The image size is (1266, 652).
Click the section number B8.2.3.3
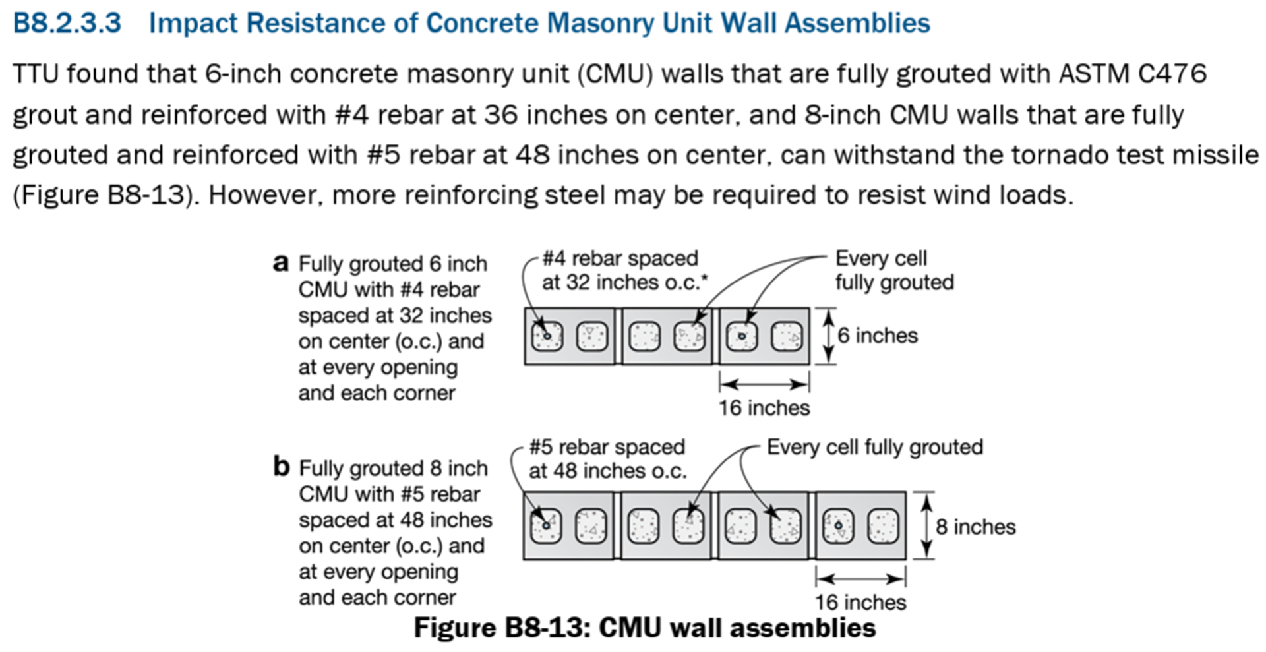tap(67, 23)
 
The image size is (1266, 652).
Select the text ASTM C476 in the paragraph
tap(1133, 74)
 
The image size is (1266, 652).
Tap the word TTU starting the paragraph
tap(36, 74)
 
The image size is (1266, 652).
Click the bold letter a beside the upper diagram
tap(281, 264)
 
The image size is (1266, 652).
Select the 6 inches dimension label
tap(878, 336)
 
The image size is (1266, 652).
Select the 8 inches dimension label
tap(976, 527)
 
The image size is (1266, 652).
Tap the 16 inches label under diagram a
tap(764, 408)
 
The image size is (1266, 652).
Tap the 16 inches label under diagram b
tap(860, 602)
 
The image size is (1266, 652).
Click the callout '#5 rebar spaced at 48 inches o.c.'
tap(607, 459)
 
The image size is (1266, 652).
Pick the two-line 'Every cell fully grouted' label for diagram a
tap(895, 270)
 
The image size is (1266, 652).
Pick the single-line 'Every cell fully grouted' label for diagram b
tap(875, 447)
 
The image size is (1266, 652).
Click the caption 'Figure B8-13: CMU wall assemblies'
tap(645, 628)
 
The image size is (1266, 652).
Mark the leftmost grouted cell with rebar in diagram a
tap(547, 336)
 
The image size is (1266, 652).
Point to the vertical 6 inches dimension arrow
tap(829, 336)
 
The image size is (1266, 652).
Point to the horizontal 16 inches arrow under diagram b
tap(860, 579)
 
